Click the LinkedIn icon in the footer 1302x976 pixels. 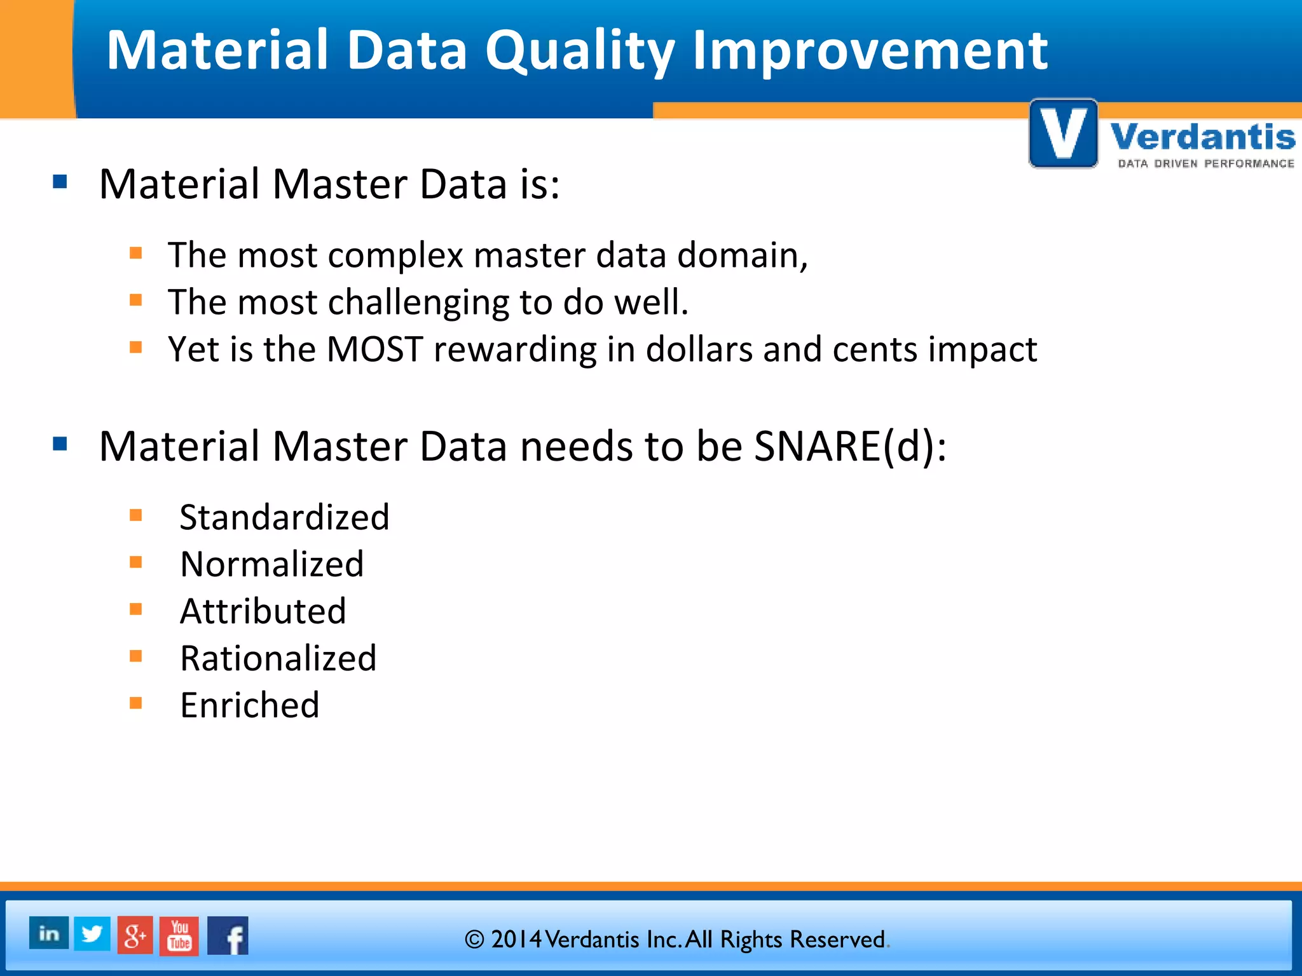49,933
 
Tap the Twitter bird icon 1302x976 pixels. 92,933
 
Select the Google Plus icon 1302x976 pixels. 135,935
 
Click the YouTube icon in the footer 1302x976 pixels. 179,936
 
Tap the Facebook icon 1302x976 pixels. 228,936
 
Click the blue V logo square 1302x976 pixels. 1063,134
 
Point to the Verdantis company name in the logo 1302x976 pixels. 1202,137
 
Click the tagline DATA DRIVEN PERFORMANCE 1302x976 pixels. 1206,164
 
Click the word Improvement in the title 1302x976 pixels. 870,51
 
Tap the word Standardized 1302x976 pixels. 284,517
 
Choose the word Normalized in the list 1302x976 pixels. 272,564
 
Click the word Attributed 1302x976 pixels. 263,611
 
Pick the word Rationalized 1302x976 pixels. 278,658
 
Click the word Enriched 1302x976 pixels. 250,705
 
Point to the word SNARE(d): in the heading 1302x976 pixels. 850,446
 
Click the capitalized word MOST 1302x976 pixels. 374,349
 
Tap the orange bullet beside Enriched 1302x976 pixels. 135,703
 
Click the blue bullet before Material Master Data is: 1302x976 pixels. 60,182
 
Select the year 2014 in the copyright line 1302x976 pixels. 516,939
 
